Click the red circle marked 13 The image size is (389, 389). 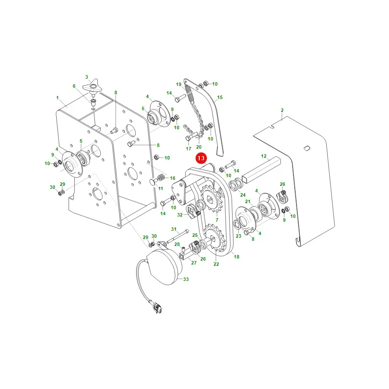[x=201, y=158]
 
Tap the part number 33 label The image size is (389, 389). [x=186, y=279]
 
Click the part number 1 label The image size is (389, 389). [x=57, y=98]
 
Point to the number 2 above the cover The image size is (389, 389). [x=282, y=110]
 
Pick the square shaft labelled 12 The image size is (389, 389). [x=261, y=170]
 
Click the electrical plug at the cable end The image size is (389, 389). [x=158, y=309]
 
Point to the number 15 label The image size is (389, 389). [x=220, y=97]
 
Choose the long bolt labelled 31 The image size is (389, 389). [x=177, y=236]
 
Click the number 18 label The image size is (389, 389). [x=236, y=257]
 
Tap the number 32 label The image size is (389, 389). [x=180, y=215]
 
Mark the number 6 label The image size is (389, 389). [x=74, y=86]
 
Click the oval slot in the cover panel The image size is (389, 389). [x=307, y=148]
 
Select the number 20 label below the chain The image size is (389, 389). [x=199, y=147]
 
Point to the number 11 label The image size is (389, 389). [x=160, y=188]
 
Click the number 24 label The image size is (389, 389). [x=242, y=195]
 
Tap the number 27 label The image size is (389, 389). [x=194, y=263]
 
